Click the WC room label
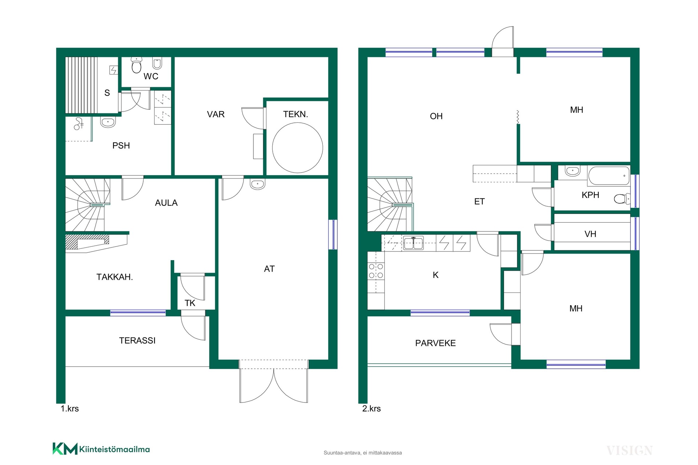[x=151, y=76]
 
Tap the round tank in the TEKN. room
[x=297, y=148]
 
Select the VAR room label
[x=216, y=114]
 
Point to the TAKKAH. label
[x=115, y=277]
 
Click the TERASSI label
[x=137, y=340]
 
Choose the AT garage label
[x=269, y=269]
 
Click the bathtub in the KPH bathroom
[x=609, y=176]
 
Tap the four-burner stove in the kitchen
[x=376, y=271]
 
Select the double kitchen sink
[x=413, y=243]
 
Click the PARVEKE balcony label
[x=436, y=343]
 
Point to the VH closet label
[x=590, y=234]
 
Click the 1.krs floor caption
[x=69, y=409]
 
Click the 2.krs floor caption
[x=372, y=409]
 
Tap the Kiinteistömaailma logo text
[x=115, y=449]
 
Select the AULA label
[x=166, y=203]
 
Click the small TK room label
[x=190, y=303]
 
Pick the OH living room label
[x=436, y=116]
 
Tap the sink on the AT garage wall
[x=257, y=184]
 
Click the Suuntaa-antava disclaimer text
[x=363, y=453]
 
